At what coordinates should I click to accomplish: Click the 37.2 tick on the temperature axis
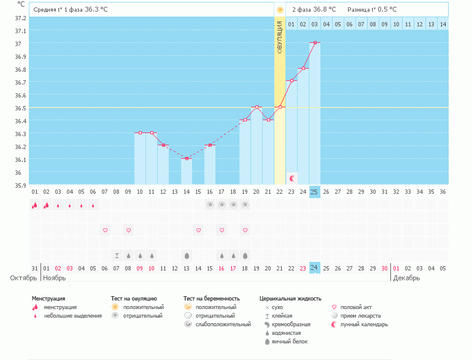[x=20, y=18]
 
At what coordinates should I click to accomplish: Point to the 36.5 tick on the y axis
[x=20, y=108]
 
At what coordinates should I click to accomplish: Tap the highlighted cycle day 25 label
[x=314, y=191]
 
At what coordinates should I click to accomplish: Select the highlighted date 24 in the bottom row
[x=314, y=267]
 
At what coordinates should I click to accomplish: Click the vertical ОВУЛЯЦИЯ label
[x=280, y=37]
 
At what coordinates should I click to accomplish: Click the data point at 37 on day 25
[x=314, y=43]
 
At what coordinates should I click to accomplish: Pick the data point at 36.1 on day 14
[x=187, y=159]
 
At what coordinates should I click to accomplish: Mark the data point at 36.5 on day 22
[x=280, y=107]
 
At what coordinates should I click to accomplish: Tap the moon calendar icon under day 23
[x=292, y=178]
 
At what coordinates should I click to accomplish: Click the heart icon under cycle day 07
[x=105, y=230]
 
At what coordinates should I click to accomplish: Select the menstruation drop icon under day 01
[x=34, y=205]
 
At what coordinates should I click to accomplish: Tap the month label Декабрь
[x=406, y=278]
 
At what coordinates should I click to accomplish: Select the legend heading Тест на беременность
[x=211, y=298]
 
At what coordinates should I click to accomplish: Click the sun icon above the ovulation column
[x=280, y=10]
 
